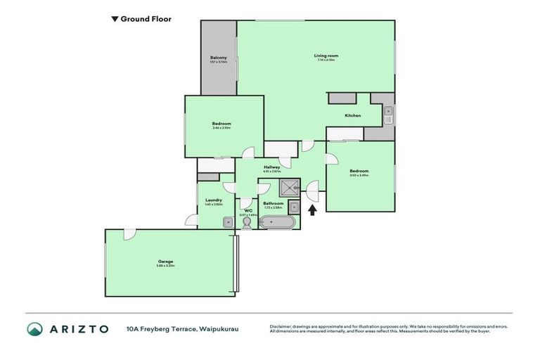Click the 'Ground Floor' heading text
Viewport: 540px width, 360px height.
[146, 20]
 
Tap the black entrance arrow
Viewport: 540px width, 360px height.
[313, 209]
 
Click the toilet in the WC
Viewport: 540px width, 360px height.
[247, 223]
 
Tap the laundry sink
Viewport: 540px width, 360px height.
[227, 222]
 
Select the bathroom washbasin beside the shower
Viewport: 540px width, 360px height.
[293, 207]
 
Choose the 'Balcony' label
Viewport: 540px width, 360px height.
[218, 58]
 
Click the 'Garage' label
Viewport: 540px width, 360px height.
[165, 262]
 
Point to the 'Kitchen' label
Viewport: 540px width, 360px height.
[352, 115]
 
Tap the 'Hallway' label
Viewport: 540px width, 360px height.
[272, 167]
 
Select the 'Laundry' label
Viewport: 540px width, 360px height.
[214, 200]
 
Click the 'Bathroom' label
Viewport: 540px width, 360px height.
[274, 203]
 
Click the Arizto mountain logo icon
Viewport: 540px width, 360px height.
[35, 329]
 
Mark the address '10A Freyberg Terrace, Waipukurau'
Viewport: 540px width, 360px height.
[182, 329]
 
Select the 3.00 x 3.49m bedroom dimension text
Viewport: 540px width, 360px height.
[359, 174]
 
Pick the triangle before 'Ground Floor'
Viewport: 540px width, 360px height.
[115, 20]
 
